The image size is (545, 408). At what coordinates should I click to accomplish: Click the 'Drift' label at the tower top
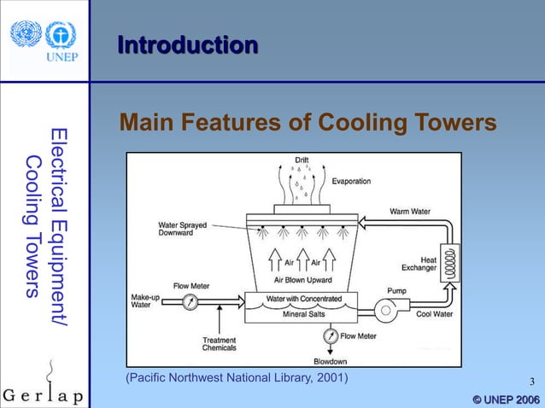pos(302,160)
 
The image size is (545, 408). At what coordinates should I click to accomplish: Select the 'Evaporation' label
pos(351,181)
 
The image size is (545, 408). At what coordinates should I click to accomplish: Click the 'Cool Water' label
pos(434,312)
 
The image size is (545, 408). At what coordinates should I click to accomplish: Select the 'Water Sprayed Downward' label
pos(180,229)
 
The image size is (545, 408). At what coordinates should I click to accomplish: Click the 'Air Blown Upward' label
pos(303,279)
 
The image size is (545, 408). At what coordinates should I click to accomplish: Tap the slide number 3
pos(531,382)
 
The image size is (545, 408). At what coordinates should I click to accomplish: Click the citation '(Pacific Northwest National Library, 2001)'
pos(237,377)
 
